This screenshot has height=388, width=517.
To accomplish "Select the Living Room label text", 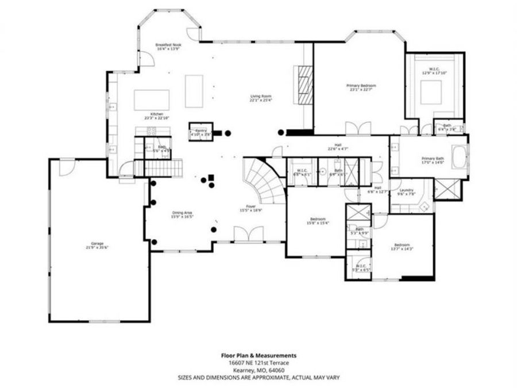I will tap(260, 98).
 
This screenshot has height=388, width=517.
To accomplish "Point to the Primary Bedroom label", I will tap(361, 87).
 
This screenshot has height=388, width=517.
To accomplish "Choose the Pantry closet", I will tap(200, 131).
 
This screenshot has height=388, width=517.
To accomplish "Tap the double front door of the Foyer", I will tap(249, 235).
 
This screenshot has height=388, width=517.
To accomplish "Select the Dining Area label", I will tap(182, 214).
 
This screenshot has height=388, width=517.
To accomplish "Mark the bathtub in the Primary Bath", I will tap(460, 157).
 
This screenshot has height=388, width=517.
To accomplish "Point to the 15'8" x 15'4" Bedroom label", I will tap(318, 221).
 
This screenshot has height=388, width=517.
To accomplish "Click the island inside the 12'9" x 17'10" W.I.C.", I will tap(431, 91).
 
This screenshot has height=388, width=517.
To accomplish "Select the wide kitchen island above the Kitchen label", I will tap(152, 99).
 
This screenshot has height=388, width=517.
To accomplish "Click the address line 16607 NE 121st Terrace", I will tap(258, 363).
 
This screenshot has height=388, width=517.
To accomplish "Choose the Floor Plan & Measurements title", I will tap(258, 356).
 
